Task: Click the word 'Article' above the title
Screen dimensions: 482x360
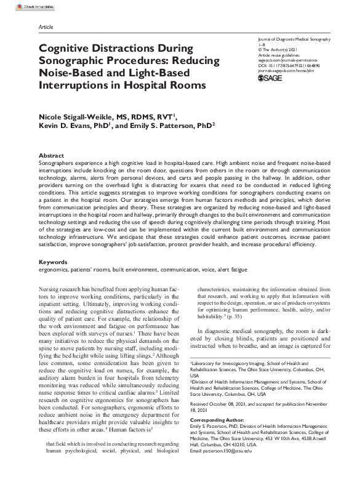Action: coord(46,28)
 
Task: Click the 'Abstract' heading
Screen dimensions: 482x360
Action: coord(51,156)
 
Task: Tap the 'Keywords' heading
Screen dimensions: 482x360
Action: coord(53,262)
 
